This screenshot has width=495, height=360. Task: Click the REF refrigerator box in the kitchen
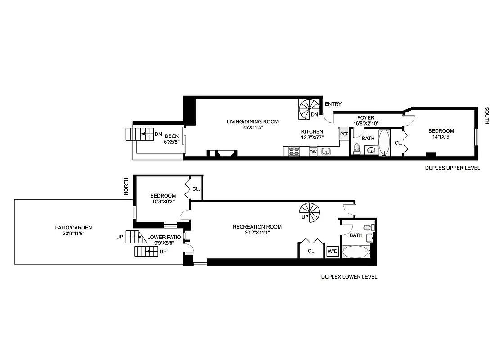tap(344, 134)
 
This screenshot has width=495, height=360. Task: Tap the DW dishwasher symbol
tap(313, 152)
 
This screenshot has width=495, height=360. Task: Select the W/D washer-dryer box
tap(333, 252)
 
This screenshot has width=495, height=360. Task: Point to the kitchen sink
tap(326, 151)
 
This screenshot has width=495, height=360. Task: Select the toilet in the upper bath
tap(357, 148)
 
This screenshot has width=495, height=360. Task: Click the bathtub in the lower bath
tap(356, 252)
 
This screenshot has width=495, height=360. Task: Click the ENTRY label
tap(333, 104)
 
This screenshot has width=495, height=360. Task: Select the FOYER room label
tap(366, 118)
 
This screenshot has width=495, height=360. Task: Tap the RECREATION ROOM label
tap(257, 227)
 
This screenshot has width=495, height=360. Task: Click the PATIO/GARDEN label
tap(70, 228)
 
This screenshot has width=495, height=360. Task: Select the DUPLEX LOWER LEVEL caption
tap(349, 277)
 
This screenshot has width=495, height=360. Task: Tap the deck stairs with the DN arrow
tap(135, 134)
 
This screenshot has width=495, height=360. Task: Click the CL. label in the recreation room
tap(312, 252)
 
